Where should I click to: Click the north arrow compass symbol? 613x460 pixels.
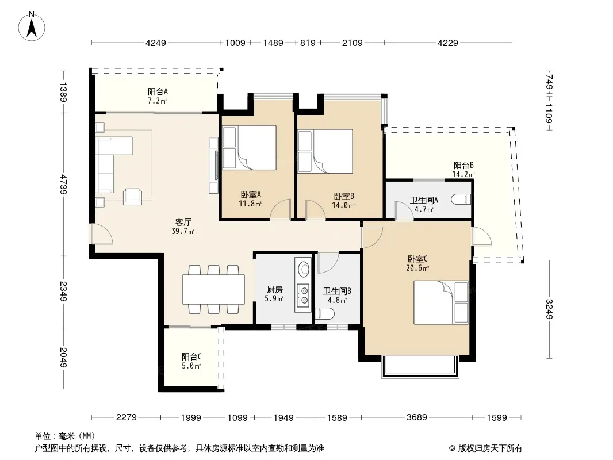[32, 26]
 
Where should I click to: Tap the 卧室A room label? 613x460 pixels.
[251, 194]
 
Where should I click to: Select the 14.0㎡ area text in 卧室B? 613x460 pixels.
[343, 205]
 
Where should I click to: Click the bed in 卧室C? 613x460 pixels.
[441, 302]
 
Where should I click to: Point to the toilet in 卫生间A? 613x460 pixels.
[461, 200]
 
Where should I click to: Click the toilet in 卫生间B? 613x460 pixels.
[325, 314]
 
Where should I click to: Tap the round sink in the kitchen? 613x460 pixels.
[304, 269]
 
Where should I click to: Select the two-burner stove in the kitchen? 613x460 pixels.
[303, 295]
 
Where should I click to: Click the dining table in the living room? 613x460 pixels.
[213, 289]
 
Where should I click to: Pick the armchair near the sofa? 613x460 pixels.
[132, 197]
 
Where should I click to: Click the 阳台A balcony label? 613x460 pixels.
[158, 92]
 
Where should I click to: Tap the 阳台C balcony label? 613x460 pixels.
[191, 356]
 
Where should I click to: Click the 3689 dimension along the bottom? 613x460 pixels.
[417, 417]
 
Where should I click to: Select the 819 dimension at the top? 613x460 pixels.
[308, 43]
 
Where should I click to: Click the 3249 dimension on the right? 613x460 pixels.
[549, 309]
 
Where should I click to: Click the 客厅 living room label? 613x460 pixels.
[183, 222]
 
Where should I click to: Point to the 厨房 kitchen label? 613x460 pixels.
[274, 289]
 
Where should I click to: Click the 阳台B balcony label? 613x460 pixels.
[463, 165]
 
